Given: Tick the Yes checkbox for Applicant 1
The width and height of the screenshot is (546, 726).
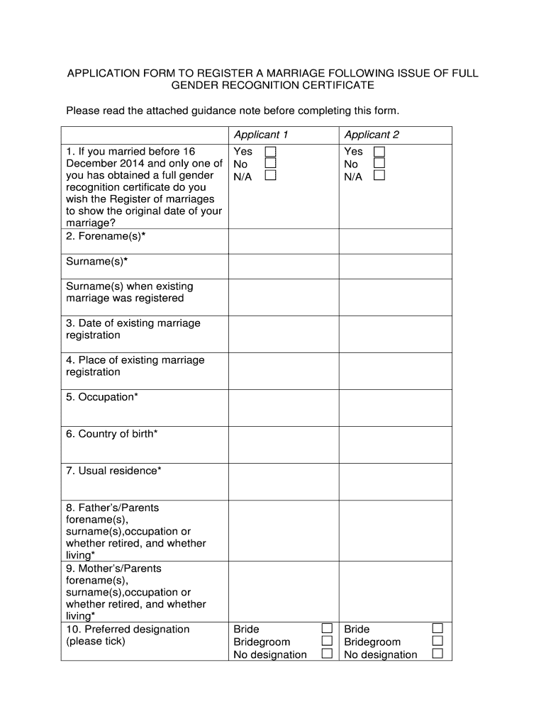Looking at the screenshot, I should tap(270, 152).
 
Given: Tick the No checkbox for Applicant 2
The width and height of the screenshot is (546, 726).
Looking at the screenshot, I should tap(379, 164).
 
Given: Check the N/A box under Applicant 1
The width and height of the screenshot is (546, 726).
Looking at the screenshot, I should tap(270, 176).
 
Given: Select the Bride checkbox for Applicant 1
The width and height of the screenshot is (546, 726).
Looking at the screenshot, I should tap(327, 629).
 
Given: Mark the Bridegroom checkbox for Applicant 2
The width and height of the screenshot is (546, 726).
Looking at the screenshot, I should tap(438, 642).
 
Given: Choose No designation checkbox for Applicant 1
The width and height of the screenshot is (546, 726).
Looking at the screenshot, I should tap(327, 654).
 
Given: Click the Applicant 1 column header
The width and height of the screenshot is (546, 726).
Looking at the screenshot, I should tap(261, 135).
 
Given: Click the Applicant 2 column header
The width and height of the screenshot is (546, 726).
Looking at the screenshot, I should tap(372, 135).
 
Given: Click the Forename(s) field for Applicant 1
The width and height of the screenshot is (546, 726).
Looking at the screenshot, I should tap(283, 241).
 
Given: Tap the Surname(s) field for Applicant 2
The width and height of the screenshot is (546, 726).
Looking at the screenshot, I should tap(395, 266).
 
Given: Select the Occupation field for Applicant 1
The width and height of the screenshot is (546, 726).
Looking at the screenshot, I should tap(283, 408).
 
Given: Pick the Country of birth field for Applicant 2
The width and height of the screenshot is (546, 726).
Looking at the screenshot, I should tap(395, 445).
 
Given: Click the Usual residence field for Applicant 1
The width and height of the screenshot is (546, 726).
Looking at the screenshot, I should tap(283, 481).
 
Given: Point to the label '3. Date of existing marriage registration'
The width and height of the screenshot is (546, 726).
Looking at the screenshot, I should tap(133, 329).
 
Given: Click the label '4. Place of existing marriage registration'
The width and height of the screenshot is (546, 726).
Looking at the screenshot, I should tap(135, 366).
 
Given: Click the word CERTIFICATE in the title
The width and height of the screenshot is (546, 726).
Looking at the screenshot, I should tap(330, 86).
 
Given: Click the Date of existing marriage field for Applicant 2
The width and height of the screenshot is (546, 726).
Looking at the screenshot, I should tap(395, 334).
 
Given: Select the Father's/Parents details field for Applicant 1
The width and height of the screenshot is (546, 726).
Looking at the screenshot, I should tap(283, 530).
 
